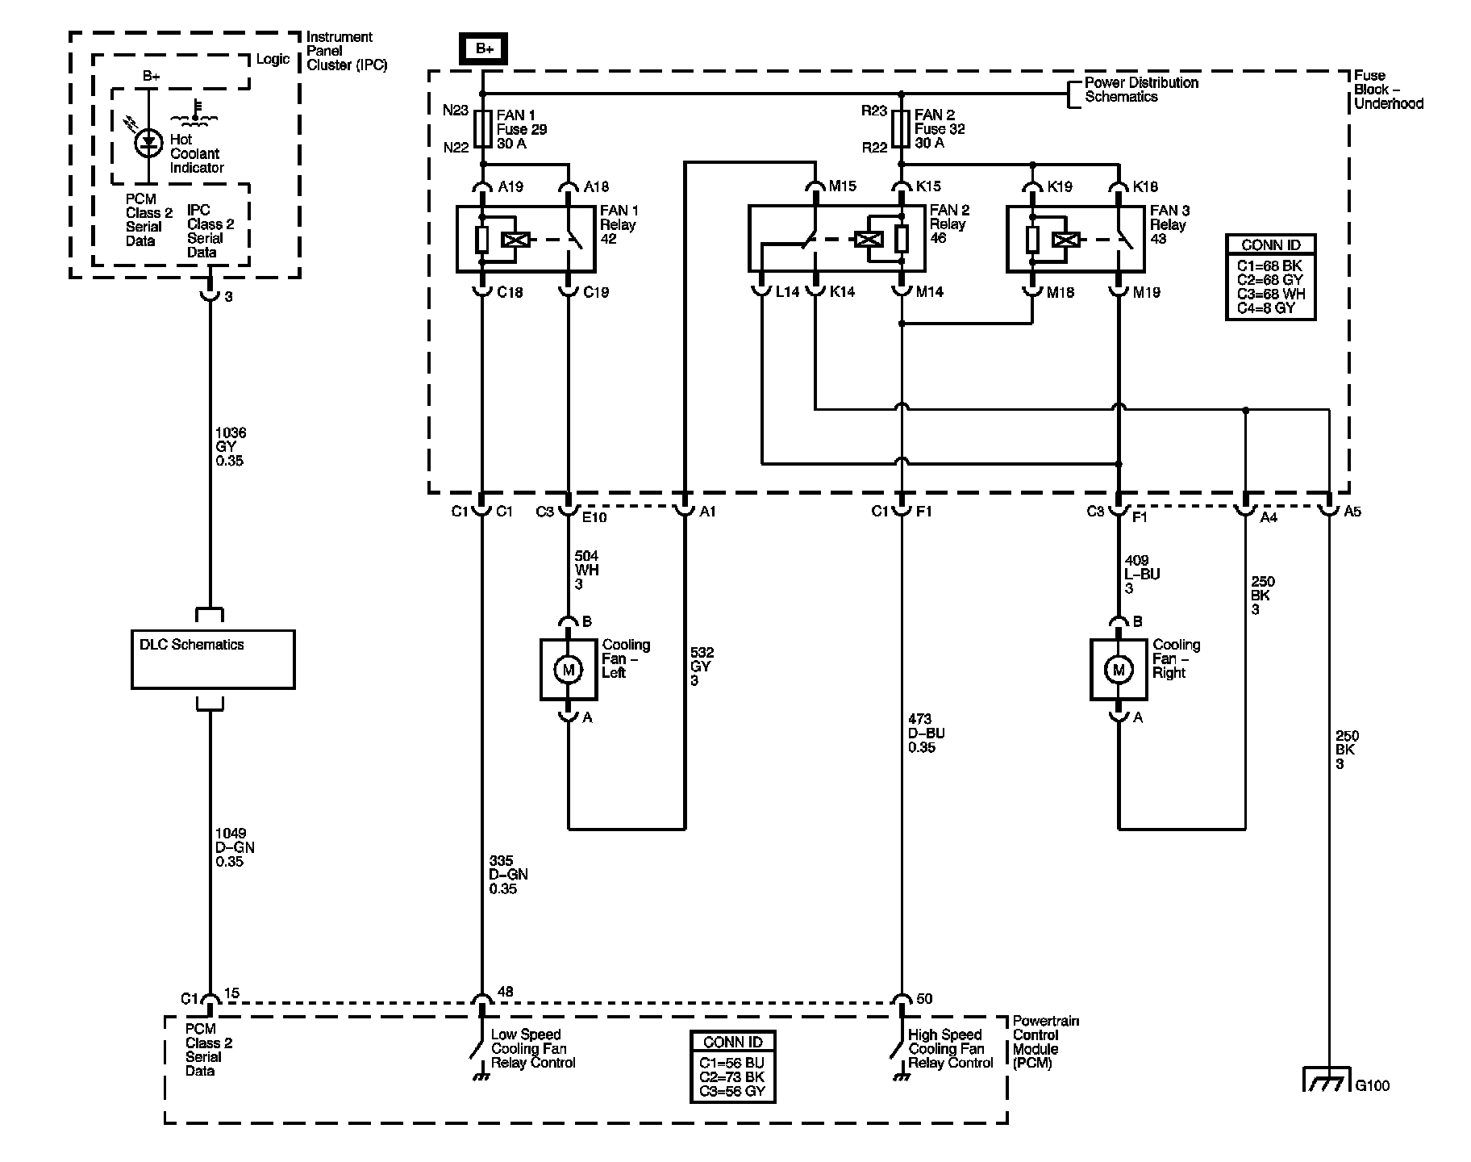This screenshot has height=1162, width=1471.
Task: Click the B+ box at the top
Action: point(484,49)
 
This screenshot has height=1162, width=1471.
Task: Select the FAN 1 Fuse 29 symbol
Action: point(482,128)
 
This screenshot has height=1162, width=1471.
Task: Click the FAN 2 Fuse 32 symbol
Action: point(902,128)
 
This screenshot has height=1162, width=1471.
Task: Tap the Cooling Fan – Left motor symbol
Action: point(568,670)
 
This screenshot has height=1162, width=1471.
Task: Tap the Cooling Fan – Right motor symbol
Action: point(1118,670)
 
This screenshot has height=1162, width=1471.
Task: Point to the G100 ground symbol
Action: point(1327,1081)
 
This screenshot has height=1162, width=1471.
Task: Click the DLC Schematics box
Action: point(213,659)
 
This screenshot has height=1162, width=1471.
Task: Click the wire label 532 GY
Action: point(701,667)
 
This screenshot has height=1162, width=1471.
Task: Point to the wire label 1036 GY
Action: point(230,446)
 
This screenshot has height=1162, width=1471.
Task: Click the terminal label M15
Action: point(842,186)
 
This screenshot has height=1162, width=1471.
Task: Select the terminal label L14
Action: point(786,292)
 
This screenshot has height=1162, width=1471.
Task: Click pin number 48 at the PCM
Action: point(505,992)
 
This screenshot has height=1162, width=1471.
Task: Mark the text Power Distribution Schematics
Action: point(1140,90)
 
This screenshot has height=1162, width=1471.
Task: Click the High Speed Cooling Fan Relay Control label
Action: point(949,1048)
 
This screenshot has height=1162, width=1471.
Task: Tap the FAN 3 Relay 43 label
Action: point(1169,224)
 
